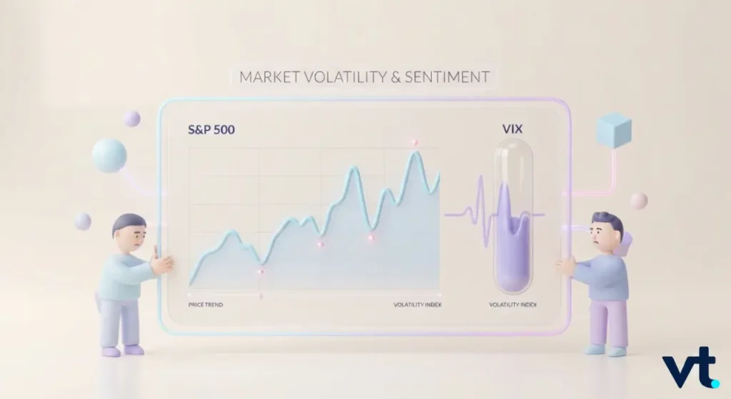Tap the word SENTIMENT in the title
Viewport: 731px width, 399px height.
point(447,77)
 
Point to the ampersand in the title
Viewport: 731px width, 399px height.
point(395,77)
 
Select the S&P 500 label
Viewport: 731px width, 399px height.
point(211,129)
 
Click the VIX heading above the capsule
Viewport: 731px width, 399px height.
point(513,129)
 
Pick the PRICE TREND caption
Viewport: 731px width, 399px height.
point(206,305)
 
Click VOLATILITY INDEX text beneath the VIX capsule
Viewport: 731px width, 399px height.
point(513,305)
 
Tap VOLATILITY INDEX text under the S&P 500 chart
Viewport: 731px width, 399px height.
point(417,305)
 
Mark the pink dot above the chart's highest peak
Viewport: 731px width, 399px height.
point(414,142)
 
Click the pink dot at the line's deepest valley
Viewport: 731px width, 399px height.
point(261,272)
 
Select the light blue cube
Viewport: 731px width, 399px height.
point(614,130)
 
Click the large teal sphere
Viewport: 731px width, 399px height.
point(109,156)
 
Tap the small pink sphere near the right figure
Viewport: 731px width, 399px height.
point(639,201)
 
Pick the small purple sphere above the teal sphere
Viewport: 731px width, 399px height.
point(132,119)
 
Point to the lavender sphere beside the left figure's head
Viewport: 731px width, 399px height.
point(83,221)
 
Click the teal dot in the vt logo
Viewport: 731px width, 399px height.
point(715,383)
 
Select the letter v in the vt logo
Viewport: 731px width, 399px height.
point(678,372)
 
